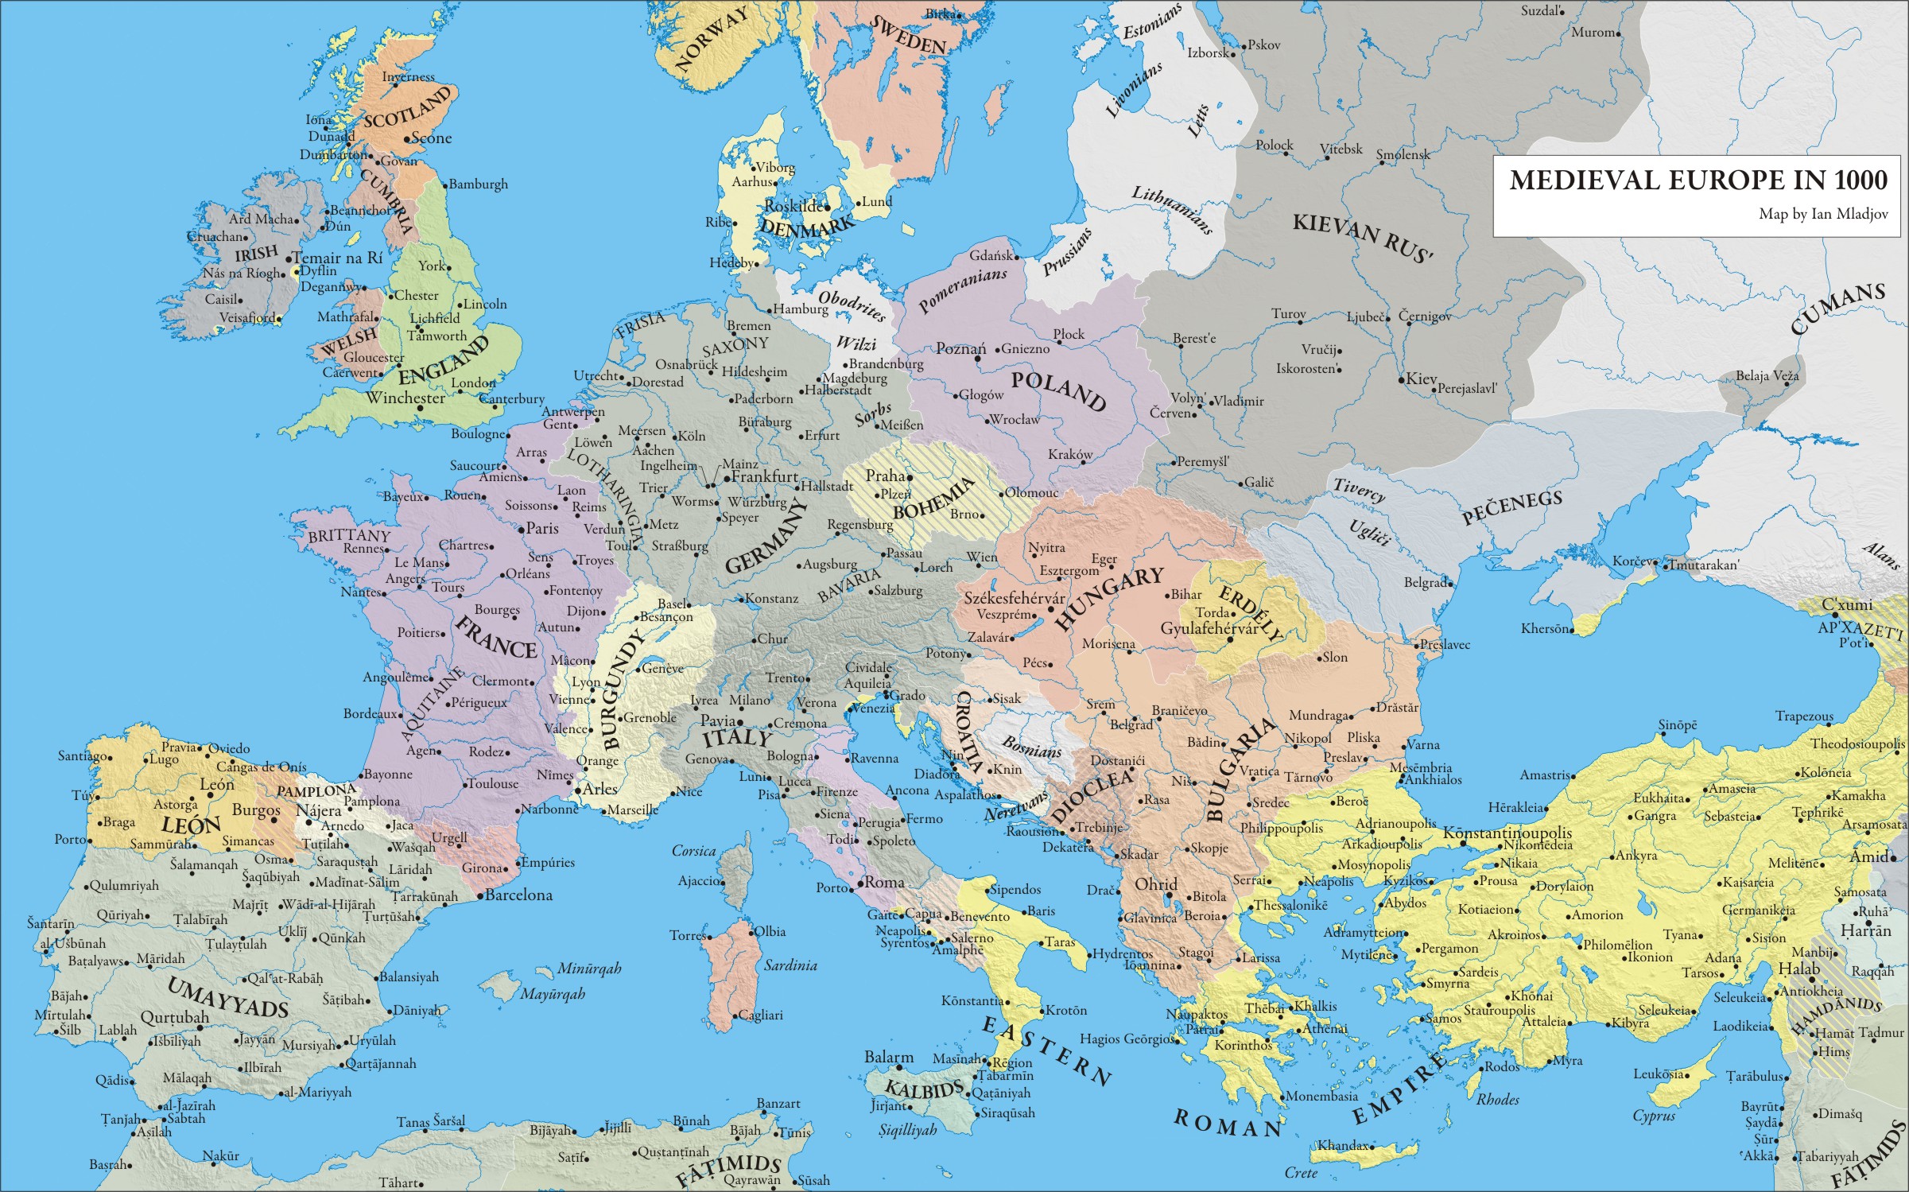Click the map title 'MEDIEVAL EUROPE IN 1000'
coord(1698,181)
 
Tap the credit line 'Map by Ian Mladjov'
coord(1822,214)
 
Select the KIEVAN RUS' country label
coord(1363,237)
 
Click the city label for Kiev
coord(1421,379)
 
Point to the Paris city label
coord(542,528)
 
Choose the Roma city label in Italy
coord(884,882)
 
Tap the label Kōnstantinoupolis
coord(1507,833)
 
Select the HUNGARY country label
coord(1108,598)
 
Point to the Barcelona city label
coord(518,895)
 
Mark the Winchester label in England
coord(405,398)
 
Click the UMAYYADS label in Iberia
coord(227,997)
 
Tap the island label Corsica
coord(693,851)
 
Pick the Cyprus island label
coord(1654,1116)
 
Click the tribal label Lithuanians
coord(1172,211)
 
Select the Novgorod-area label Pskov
coord(1264,45)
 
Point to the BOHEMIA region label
coord(933,499)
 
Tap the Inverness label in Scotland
coord(409,77)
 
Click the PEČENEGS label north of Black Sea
coord(1512,507)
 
